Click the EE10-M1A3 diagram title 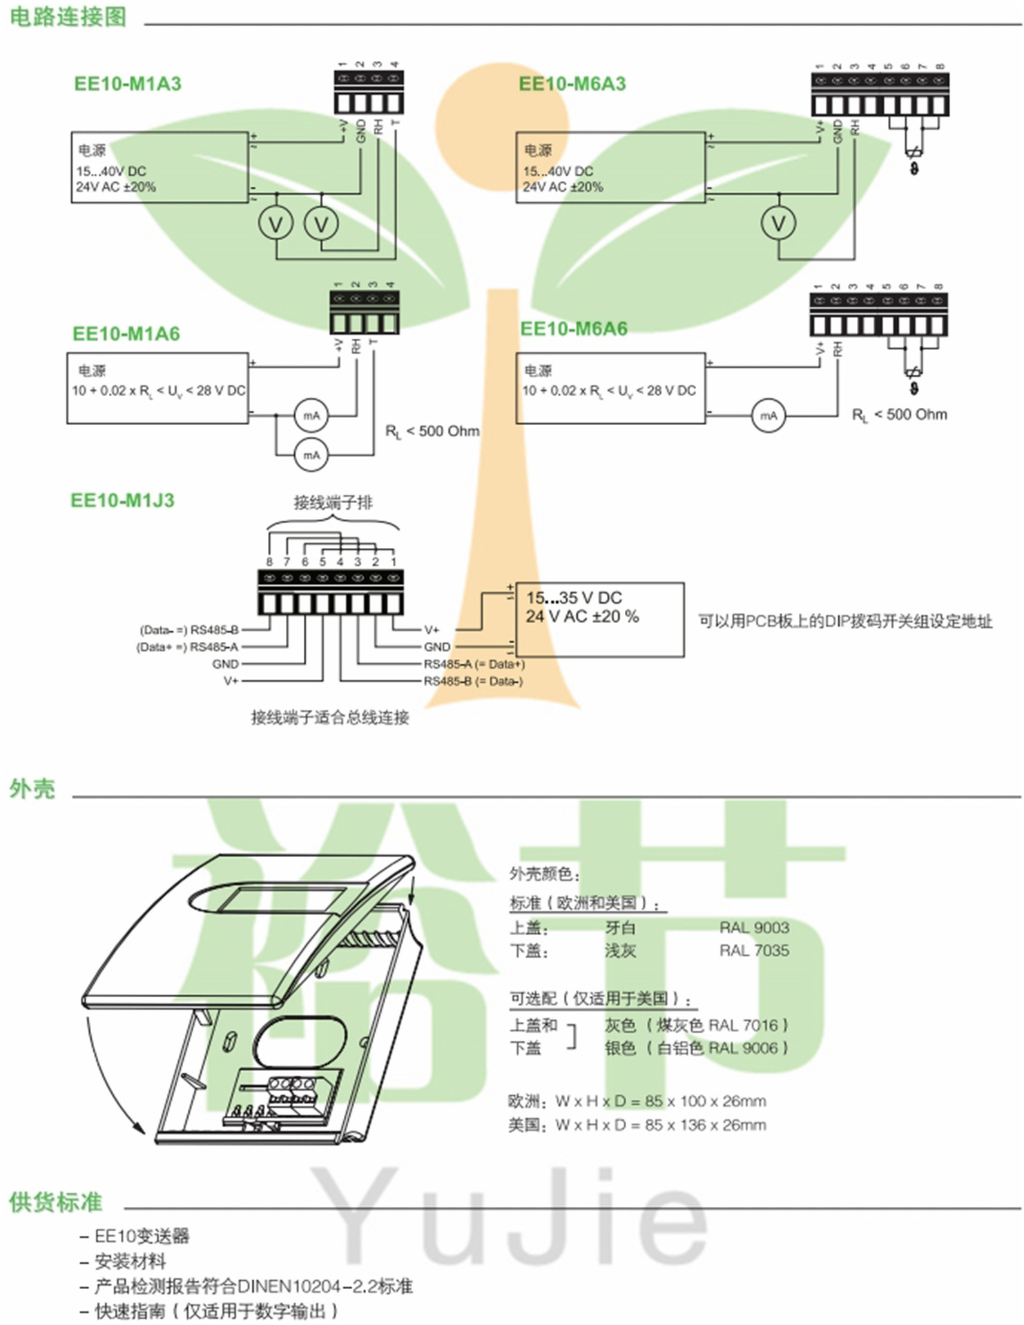(x=128, y=84)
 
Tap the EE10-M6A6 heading (x=574, y=328)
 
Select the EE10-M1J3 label (x=122, y=500)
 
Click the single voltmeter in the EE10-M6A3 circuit (x=778, y=223)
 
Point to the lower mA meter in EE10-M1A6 (x=311, y=455)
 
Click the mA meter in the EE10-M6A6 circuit (x=768, y=415)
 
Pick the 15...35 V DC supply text (x=574, y=598)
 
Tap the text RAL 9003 (x=754, y=927)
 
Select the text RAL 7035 (x=754, y=951)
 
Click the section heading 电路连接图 (x=68, y=17)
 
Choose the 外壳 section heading (x=32, y=789)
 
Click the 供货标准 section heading (x=55, y=1201)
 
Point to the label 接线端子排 (x=333, y=502)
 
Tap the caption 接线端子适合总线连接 (x=330, y=718)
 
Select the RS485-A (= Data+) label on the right (x=474, y=664)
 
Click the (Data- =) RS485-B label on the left (x=189, y=630)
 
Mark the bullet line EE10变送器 (x=142, y=1236)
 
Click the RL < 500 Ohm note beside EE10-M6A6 (x=899, y=415)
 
